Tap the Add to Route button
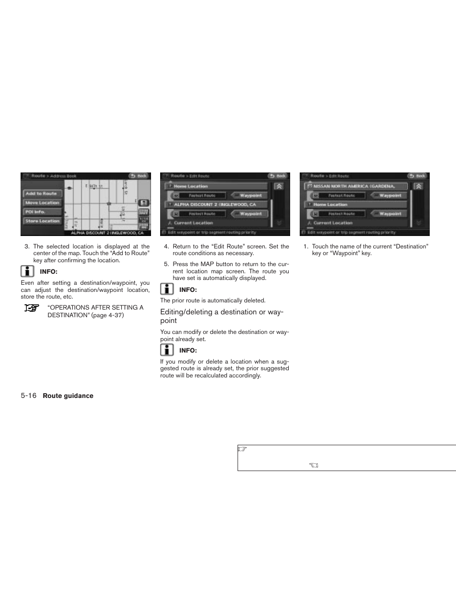click(x=43, y=193)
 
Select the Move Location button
click(x=43, y=203)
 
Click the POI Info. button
click(x=43, y=212)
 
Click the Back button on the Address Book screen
click(x=139, y=176)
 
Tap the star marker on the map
click(x=109, y=204)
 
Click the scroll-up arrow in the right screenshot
click(x=419, y=186)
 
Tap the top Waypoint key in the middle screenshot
click(x=249, y=195)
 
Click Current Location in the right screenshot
click(x=333, y=223)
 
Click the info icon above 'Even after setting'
click(x=28, y=271)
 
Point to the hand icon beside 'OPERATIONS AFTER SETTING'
click(x=32, y=308)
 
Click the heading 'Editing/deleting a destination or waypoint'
click(x=222, y=316)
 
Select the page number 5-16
click(x=29, y=396)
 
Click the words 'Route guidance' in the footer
click(x=68, y=396)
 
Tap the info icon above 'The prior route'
click(x=167, y=289)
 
